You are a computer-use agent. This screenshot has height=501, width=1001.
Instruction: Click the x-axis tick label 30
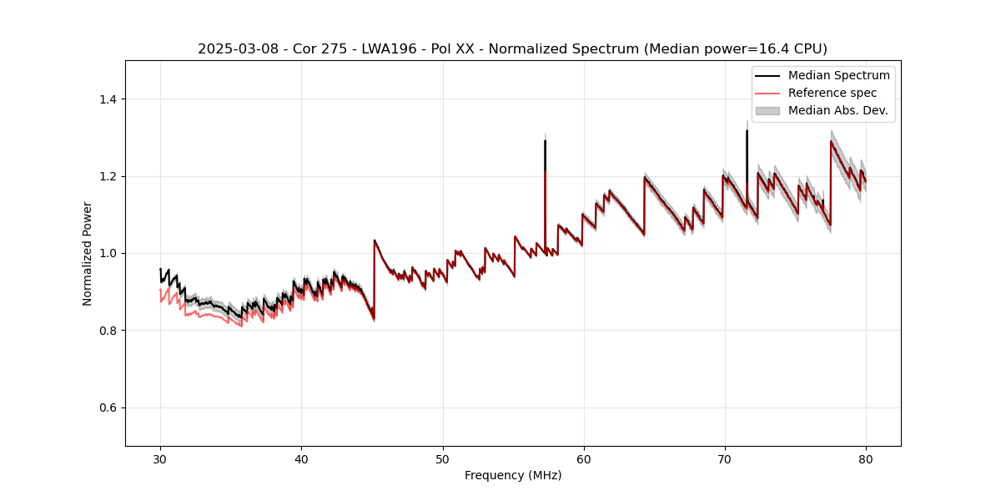pyautogui.click(x=160, y=458)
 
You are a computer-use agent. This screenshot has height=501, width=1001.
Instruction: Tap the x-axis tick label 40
pyautogui.click(x=301, y=458)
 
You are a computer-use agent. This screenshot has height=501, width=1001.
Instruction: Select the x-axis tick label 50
pyautogui.click(x=442, y=458)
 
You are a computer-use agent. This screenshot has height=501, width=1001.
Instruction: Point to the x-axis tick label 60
pyautogui.click(x=583, y=458)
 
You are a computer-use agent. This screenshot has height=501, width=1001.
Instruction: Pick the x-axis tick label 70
pyautogui.click(x=724, y=458)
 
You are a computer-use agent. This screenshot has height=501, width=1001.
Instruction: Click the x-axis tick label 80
pyautogui.click(x=865, y=458)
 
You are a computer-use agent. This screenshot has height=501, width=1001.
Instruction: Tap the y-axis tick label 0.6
pyautogui.click(x=108, y=407)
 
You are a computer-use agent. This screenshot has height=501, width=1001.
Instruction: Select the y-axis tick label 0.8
pyautogui.click(x=108, y=331)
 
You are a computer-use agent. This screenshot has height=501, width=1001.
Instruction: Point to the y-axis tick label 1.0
pyautogui.click(x=108, y=253)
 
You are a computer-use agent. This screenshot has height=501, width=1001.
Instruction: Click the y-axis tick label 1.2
pyautogui.click(x=108, y=176)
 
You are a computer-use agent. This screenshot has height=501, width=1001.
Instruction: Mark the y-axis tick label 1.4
pyautogui.click(x=108, y=99)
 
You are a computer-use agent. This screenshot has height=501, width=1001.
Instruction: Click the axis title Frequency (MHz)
pyautogui.click(x=513, y=475)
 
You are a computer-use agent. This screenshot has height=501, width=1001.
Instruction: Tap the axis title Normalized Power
pyautogui.click(x=88, y=253)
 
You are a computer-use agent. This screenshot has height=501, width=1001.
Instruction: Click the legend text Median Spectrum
pyautogui.click(x=838, y=75)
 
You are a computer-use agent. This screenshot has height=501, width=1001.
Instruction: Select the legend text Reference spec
pyautogui.click(x=832, y=93)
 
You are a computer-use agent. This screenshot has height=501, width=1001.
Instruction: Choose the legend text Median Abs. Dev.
pyautogui.click(x=838, y=110)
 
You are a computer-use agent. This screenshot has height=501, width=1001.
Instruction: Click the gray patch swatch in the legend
pyautogui.click(x=767, y=110)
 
